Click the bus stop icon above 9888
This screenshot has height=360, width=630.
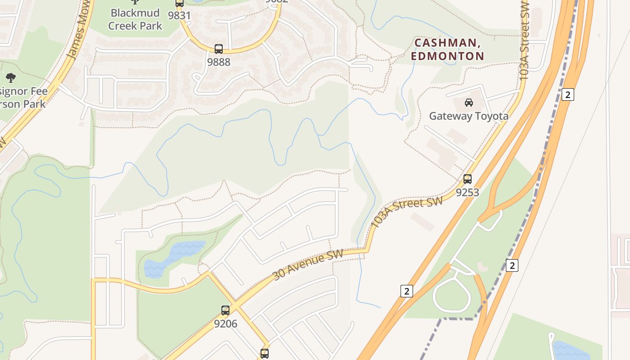pyautogui.click(x=219, y=49)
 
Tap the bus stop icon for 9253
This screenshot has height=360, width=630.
pyautogui.click(x=468, y=179)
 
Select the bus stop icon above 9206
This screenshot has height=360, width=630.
pyautogui.click(x=225, y=310)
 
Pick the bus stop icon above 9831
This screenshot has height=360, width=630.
pyautogui.click(x=180, y=3)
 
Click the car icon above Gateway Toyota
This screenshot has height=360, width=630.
pyautogui.click(x=469, y=103)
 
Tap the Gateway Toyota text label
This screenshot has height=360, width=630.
pyautogui.click(x=469, y=116)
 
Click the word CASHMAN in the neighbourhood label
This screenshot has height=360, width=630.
pyautogui.click(x=445, y=43)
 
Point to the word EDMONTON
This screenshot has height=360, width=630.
pyautogui.click(x=447, y=56)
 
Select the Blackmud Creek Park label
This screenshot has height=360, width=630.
pyautogui.click(x=135, y=19)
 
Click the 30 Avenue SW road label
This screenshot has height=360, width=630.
pyautogui.click(x=308, y=265)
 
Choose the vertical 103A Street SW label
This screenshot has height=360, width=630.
pyautogui.click(x=524, y=40)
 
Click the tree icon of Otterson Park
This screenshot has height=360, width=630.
pyautogui.click(x=11, y=78)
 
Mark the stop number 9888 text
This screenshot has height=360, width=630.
pyautogui.click(x=219, y=62)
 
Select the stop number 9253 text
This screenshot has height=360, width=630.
pyautogui.click(x=468, y=193)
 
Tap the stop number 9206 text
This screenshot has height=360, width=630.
pyautogui.click(x=225, y=324)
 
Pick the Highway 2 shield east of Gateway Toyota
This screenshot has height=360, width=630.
pyautogui.click(x=568, y=94)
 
